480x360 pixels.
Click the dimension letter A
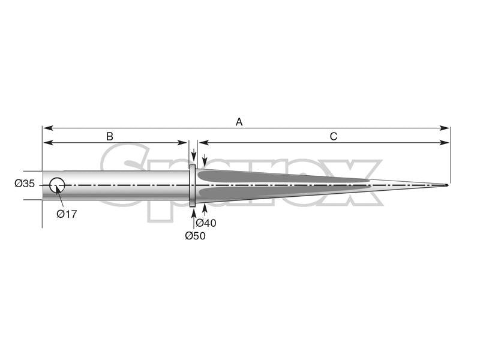239,122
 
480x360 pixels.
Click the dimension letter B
110,136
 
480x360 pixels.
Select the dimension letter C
334,136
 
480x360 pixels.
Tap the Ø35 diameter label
25,184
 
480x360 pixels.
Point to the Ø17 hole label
67,214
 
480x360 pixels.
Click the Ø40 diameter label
206,223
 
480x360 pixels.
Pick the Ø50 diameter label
195,236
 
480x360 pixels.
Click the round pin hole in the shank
57,185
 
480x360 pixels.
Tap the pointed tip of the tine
447,185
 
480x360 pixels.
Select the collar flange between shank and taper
193,185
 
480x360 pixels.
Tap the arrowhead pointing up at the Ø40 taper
205,208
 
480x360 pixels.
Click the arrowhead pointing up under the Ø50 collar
193,211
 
